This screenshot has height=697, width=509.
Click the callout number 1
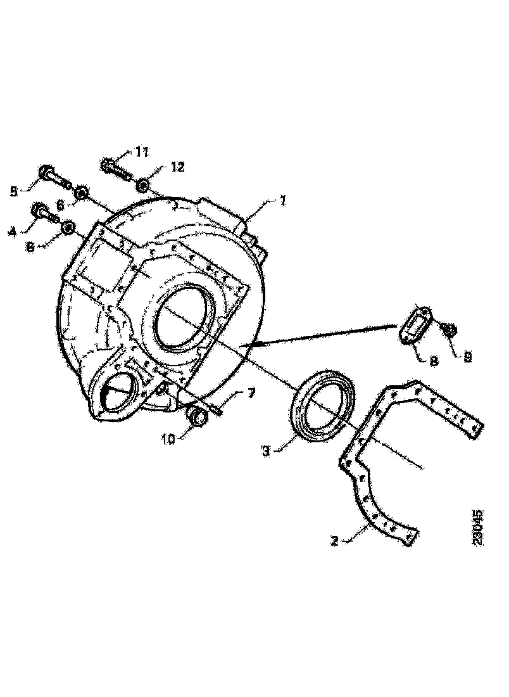pos(282,201)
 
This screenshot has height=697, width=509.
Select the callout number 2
pos(335,541)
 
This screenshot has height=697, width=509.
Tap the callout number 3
pos(267,451)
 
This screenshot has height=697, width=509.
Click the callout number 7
pos(251,395)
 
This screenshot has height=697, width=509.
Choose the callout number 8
pos(432,361)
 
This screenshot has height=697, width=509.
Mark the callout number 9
pos(467,357)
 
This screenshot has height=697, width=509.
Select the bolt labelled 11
pos(115,168)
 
